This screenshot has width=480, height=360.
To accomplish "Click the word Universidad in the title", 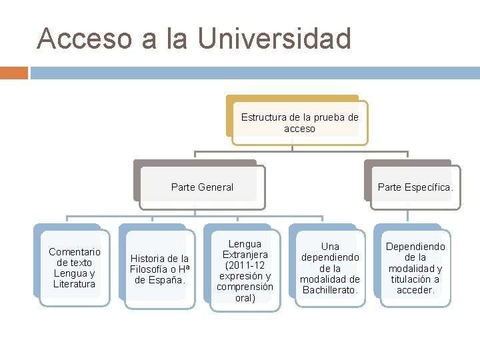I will point(275,39).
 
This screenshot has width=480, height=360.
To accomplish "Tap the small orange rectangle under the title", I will point(13,73).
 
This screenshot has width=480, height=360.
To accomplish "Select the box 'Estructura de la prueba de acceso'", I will point(299,123).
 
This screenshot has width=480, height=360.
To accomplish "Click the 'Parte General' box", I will point(202,187).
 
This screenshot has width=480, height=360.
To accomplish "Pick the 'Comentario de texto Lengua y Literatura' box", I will point(75,267).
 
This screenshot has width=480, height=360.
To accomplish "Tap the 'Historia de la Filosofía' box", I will point(159,269).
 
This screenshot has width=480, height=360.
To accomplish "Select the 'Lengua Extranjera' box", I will point(245,271).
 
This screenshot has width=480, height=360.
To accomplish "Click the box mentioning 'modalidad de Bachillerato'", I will point(330,268).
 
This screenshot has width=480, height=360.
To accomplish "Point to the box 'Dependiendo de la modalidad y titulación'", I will point(415,268).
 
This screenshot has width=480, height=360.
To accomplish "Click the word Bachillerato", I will point(330,290).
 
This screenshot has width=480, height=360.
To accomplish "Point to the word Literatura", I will point(75,284).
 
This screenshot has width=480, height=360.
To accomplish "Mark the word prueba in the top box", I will point(311,117).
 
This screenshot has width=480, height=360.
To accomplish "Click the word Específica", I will point(427,187).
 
